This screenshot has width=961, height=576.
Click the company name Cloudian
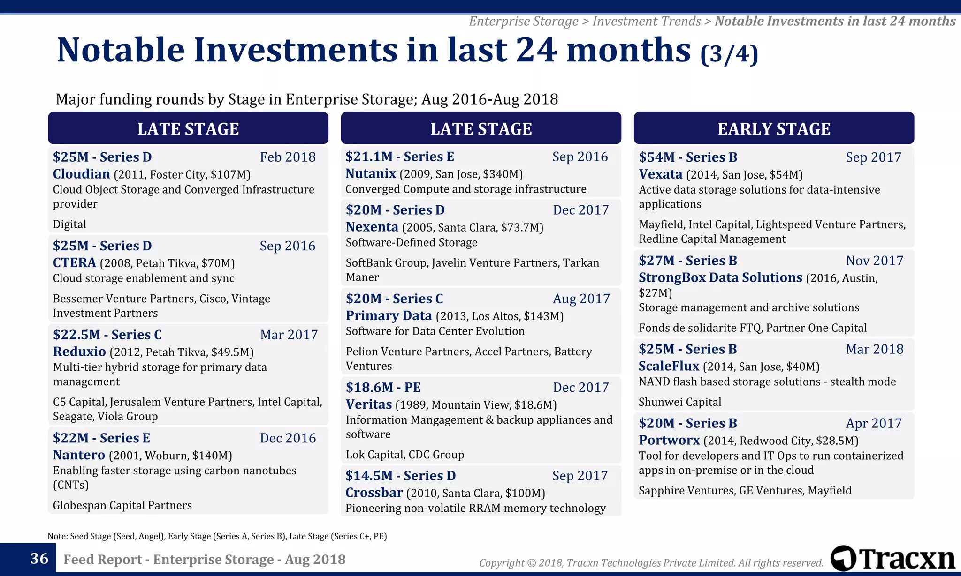click(81, 174)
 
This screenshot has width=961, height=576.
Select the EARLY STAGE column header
click(773, 128)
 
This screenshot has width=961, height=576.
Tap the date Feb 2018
click(288, 157)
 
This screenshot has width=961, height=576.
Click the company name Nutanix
click(371, 173)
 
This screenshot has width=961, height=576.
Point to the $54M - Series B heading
click(687, 157)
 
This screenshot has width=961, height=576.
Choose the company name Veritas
click(368, 404)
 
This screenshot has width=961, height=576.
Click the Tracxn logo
click(892, 559)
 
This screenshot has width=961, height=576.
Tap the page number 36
click(39, 558)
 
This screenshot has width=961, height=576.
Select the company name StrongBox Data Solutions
click(720, 277)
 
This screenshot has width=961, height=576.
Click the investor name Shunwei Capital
click(679, 402)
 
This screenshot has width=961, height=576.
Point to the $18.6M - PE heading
click(383, 387)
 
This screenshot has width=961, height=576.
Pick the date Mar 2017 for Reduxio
click(289, 335)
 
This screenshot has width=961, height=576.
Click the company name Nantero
click(79, 455)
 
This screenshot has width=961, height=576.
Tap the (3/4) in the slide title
click(729, 53)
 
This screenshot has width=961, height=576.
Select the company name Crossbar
click(374, 493)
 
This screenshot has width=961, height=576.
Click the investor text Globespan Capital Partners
click(122, 505)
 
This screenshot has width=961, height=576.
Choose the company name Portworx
click(669, 440)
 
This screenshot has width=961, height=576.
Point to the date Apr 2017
click(873, 423)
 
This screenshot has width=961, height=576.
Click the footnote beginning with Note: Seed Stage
click(217, 536)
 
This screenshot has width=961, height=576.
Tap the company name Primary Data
click(389, 315)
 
